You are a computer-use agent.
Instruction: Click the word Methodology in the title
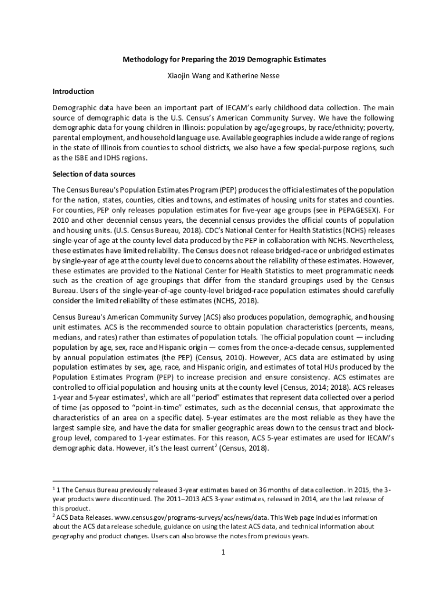(x=144, y=60)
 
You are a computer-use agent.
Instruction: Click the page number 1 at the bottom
(x=223, y=552)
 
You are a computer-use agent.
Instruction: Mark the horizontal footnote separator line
(x=105, y=481)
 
